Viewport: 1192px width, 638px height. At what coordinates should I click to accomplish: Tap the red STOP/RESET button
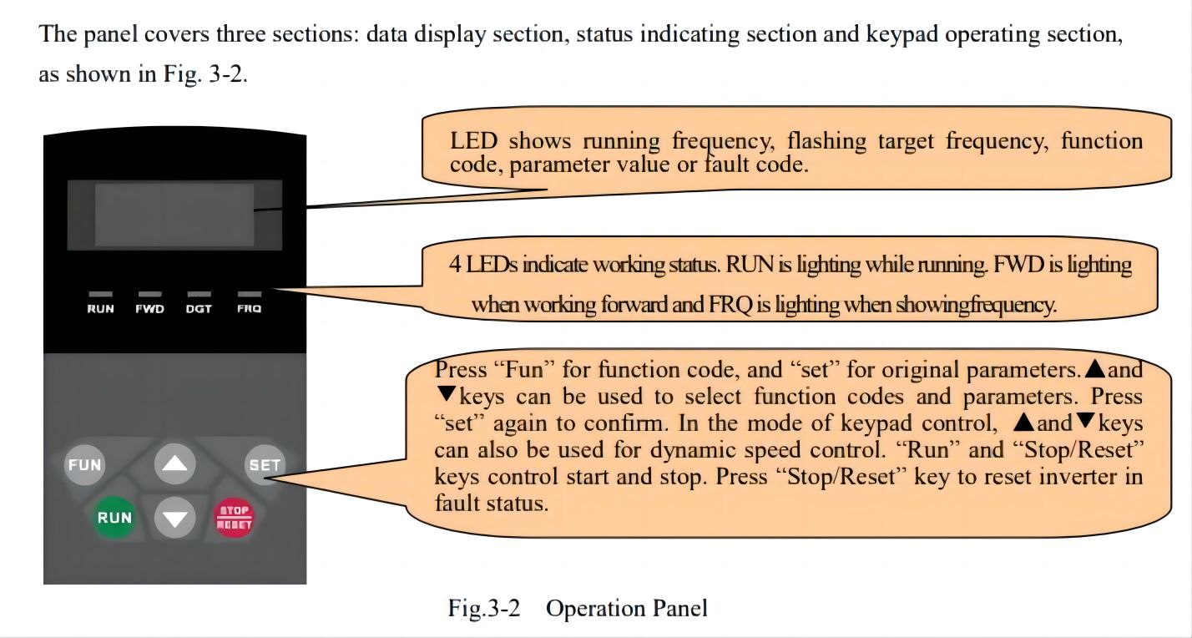235,518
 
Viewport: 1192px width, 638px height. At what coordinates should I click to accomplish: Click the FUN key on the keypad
84,464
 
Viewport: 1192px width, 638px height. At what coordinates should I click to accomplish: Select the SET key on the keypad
264,464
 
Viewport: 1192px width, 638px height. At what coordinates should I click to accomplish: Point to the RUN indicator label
101,309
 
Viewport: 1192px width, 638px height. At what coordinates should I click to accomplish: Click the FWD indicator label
150,309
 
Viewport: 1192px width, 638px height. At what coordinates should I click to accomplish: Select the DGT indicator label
199,309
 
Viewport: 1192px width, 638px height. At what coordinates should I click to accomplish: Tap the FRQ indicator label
249,309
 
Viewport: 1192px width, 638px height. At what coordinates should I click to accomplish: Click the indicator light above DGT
199,295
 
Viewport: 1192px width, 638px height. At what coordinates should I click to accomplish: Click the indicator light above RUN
101,295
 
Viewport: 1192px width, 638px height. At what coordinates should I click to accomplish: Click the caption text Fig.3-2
484,608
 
